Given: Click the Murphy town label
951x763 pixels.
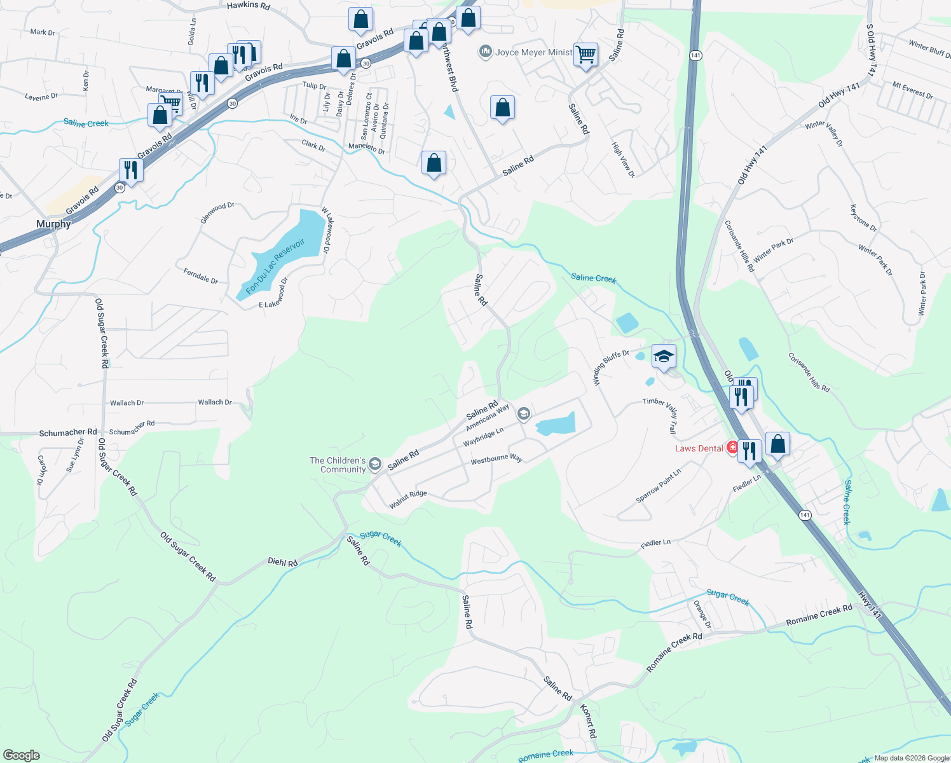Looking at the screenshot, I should (53, 224).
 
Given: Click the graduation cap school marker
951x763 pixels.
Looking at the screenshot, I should (663, 357).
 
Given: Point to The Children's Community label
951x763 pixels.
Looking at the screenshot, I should (338, 465).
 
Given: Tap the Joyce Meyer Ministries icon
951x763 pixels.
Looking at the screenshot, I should (486, 52).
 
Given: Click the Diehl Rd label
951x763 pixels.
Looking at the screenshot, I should (282, 563).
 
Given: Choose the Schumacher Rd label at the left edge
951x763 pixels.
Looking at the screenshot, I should (68, 432).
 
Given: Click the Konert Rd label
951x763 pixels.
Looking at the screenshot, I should (589, 720).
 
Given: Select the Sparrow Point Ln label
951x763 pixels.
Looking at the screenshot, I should (658, 486).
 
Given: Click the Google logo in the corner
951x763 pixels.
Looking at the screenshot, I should (22, 755).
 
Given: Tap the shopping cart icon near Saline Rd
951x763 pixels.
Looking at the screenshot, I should (585, 55).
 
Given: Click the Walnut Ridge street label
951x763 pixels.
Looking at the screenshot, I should (408, 499).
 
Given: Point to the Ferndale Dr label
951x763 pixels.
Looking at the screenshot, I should (200, 276).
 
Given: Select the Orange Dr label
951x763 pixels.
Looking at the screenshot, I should (702, 614).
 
